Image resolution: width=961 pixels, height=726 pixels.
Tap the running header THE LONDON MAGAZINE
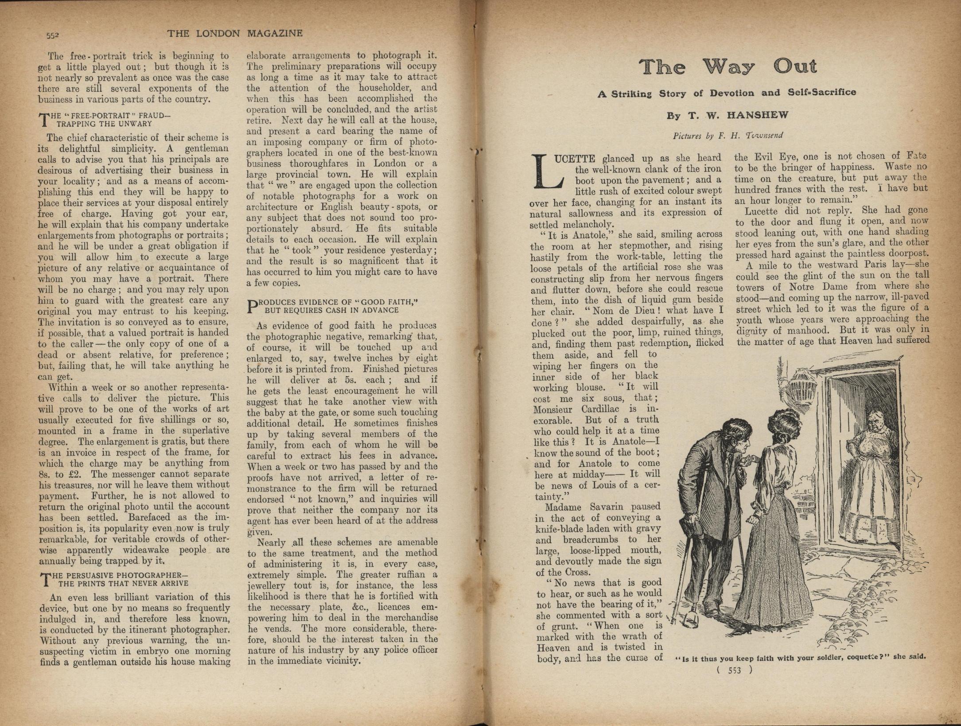click(235, 33)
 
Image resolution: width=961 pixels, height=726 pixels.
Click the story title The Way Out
click(728, 67)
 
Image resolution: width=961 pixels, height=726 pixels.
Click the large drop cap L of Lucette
click(548, 171)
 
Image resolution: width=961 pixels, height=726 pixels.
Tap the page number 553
click(734, 670)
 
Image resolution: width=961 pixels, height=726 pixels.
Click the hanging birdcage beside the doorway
click(801, 388)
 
